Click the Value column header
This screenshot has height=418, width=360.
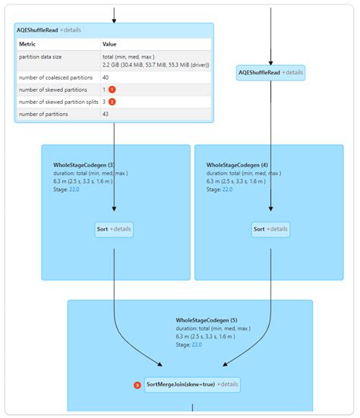tap(109, 44)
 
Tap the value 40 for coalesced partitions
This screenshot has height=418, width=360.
tap(106, 77)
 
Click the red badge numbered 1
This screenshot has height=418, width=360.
tap(112, 90)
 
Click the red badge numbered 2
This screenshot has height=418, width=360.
tap(112, 102)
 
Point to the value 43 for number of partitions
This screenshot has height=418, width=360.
tap(106, 114)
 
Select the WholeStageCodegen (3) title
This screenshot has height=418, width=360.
tap(84, 165)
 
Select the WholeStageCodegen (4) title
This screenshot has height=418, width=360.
tap(237, 165)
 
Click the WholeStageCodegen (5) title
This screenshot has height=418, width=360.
tap(207, 320)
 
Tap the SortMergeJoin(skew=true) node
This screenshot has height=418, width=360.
tap(180, 385)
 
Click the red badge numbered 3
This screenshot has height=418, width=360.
tap(137, 385)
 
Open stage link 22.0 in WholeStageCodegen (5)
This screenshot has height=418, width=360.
tap(197, 344)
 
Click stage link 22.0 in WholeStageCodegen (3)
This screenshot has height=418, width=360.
tap(74, 189)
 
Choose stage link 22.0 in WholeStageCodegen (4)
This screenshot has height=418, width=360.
tap(227, 189)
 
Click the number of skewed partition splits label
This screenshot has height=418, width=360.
tap(55, 102)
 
